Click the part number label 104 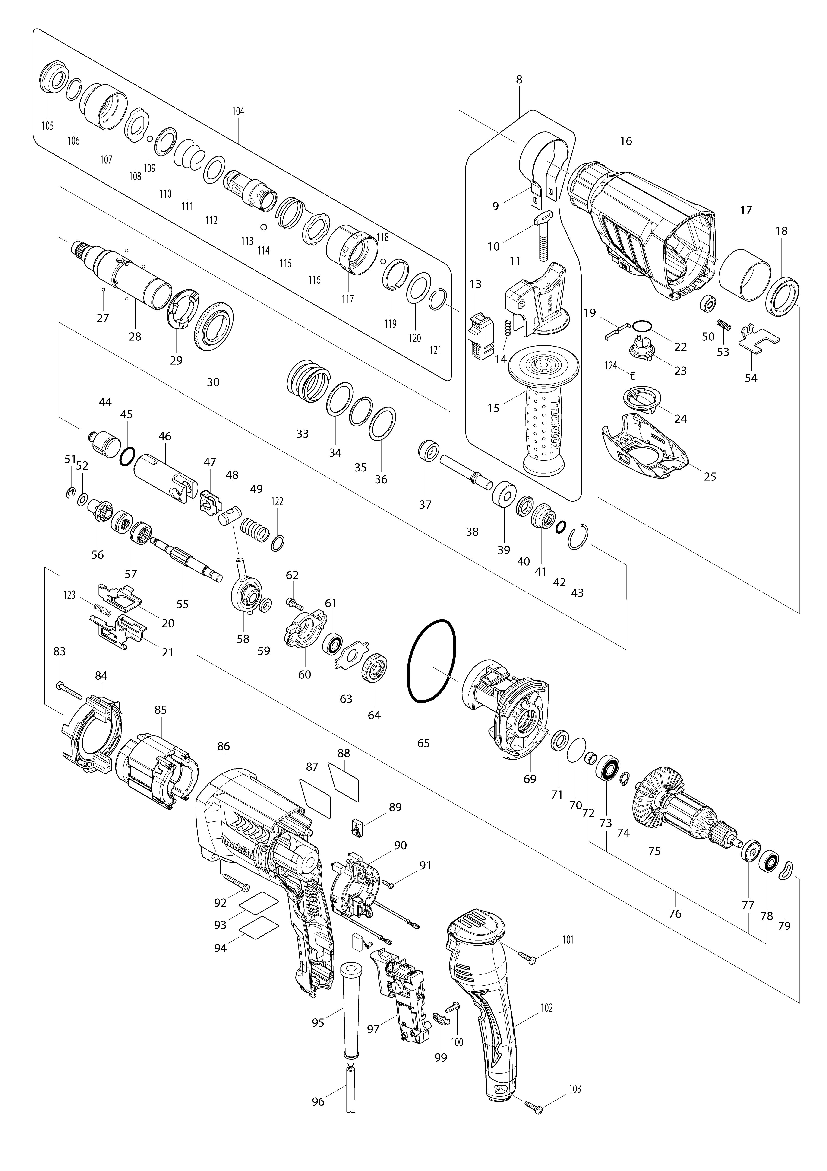click(238, 111)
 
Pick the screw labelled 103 click(533, 1104)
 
